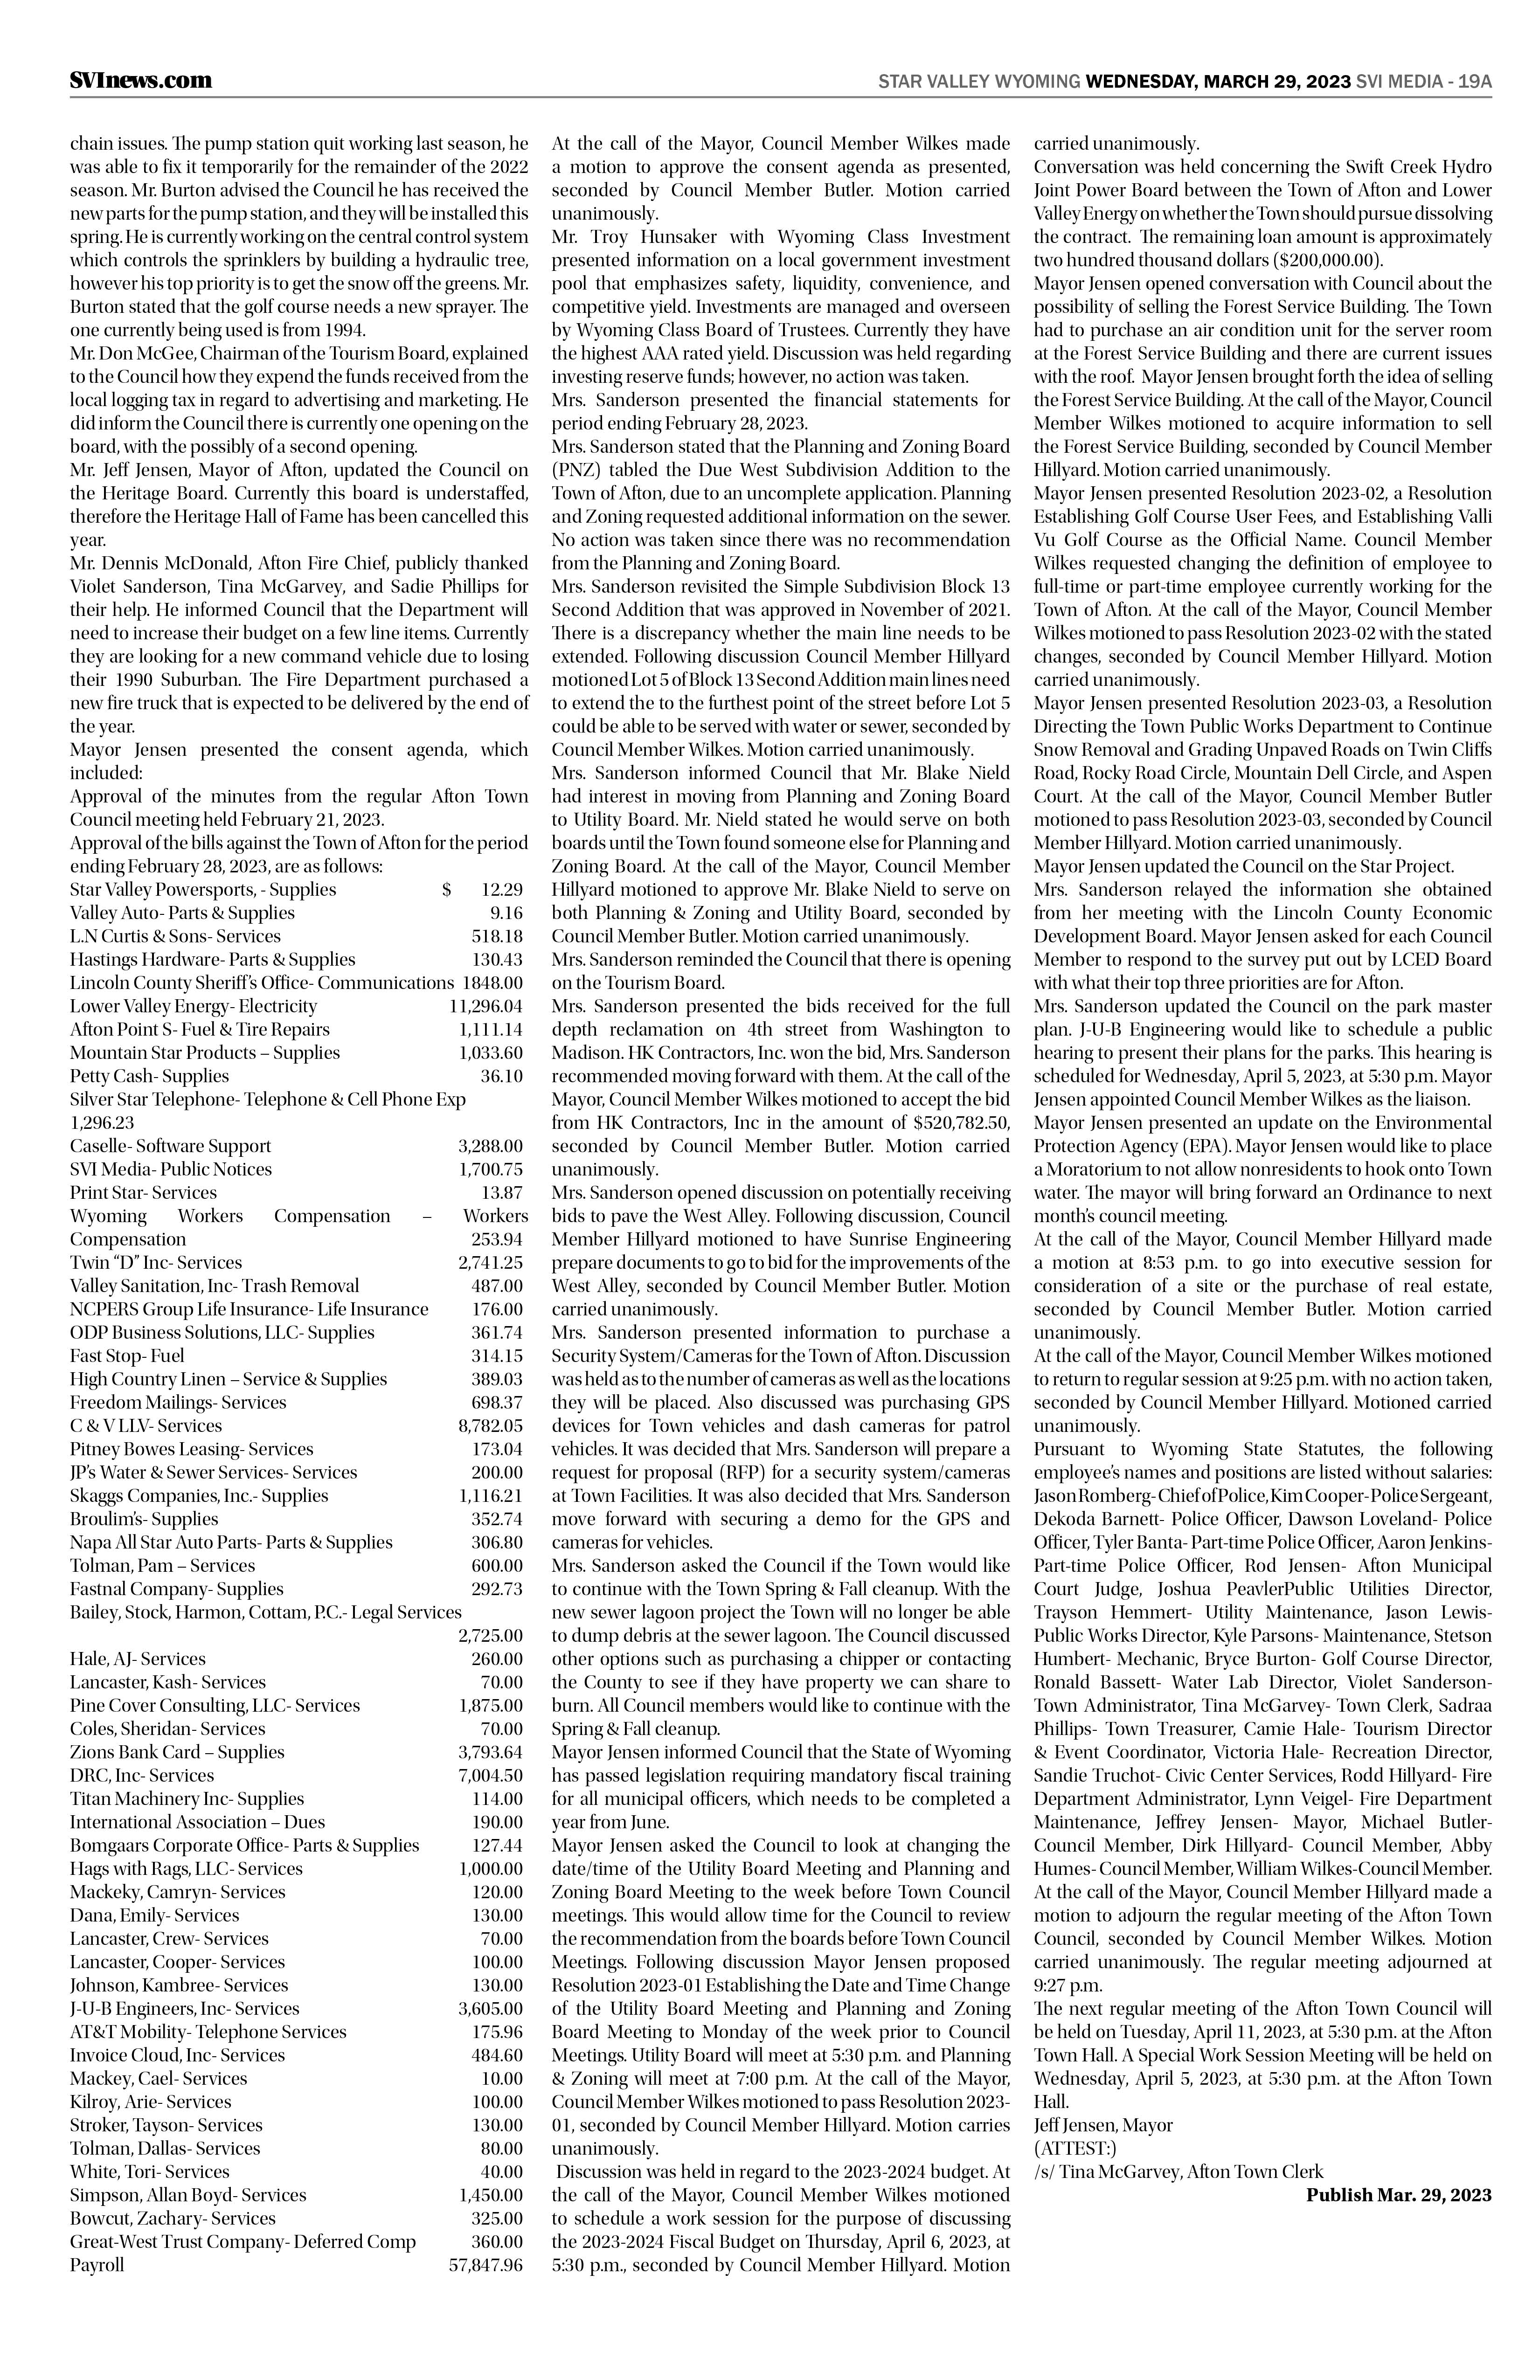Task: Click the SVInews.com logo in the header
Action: [141, 81]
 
